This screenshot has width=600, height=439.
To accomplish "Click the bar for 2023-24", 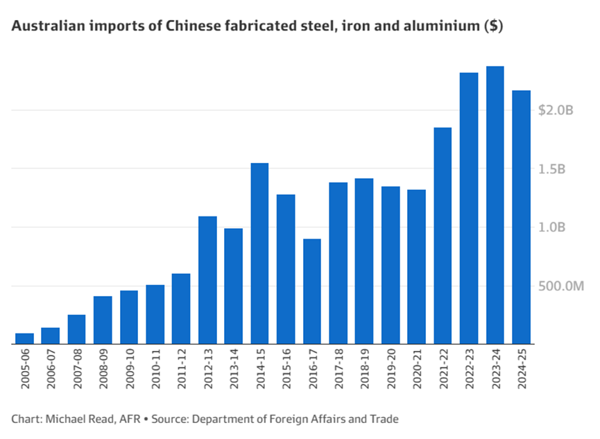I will pyautogui.click(x=495, y=205).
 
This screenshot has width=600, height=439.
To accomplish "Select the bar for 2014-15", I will pyautogui.click(x=259, y=254).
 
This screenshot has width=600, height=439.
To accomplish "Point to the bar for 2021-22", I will pyautogui.click(x=443, y=236).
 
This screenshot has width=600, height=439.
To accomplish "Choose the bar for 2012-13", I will pyautogui.click(x=207, y=280).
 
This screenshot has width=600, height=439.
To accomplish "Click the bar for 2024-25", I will pyautogui.click(x=521, y=217).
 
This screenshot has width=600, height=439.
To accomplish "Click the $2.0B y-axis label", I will pyautogui.click(x=556, y=110).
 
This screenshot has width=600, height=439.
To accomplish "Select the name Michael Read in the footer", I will pyautogui.click(x=73, y=419).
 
